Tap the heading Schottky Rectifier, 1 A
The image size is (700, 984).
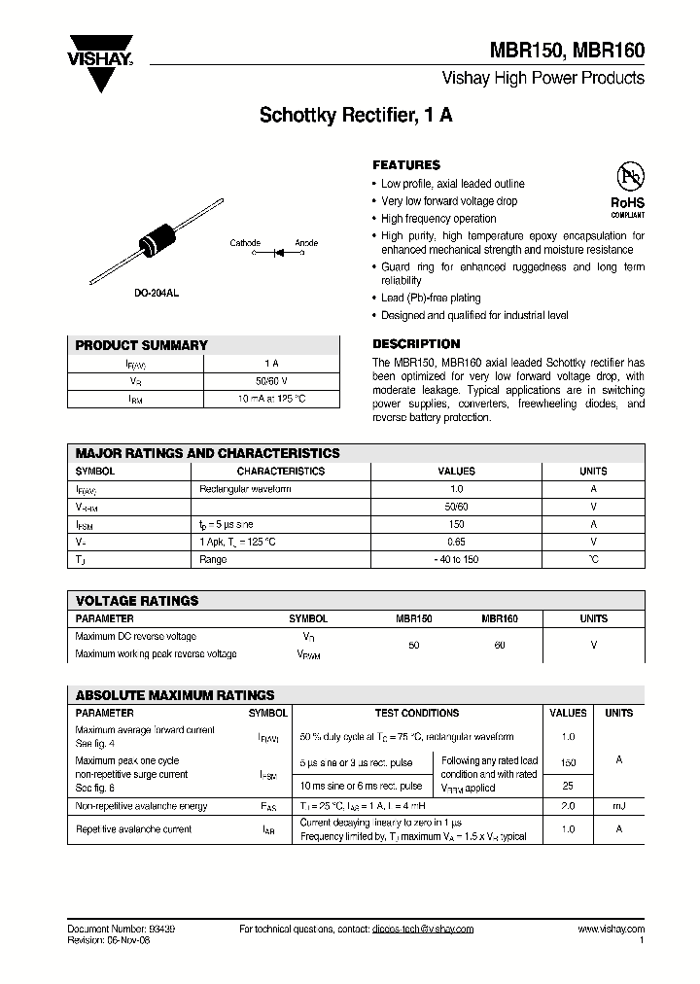(x=355, y=116)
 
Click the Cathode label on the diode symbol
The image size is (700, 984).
(x=245, y=242)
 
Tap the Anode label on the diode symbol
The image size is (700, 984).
(x=305, y=242)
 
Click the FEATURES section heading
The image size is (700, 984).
(x=406, y=165)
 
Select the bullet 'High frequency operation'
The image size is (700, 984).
(x=437, y=219)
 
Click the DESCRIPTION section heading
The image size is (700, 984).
(x=416, y=344)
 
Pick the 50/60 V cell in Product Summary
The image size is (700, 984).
(x=271, y=381)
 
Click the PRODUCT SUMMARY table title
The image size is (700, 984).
(x=141, y=345)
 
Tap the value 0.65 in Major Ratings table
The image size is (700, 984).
(x=456, y=541)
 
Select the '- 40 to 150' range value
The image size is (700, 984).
(x=456, y=559)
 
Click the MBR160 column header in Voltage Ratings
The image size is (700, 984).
(x=499, y=618)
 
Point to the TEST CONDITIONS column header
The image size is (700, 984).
(x=417, y=713)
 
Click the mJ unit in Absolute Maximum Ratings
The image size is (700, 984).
(x=618, y=806)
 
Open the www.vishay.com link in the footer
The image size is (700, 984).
(x=611, y=929)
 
